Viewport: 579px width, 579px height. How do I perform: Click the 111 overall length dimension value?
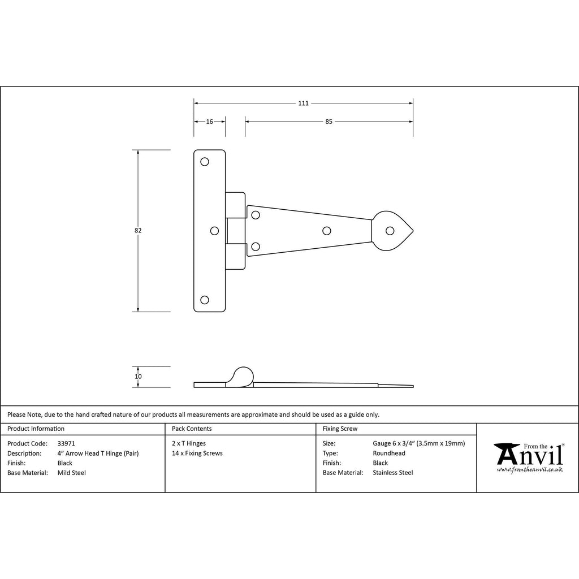[303, 103]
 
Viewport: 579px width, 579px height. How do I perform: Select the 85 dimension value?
[329, 122]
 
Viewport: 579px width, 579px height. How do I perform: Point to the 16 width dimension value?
[209, 122]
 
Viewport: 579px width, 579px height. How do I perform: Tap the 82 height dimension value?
[138, 231]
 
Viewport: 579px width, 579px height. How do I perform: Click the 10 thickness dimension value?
[138, 377]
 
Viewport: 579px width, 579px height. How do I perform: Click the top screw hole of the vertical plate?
[205, 162]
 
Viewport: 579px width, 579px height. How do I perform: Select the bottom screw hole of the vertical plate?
[205, 300]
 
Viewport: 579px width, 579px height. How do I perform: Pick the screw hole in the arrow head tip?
[390, 231]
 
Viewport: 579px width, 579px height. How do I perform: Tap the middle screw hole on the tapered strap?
[326, 231]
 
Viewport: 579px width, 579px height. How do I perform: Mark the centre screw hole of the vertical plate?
[214, 231]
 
